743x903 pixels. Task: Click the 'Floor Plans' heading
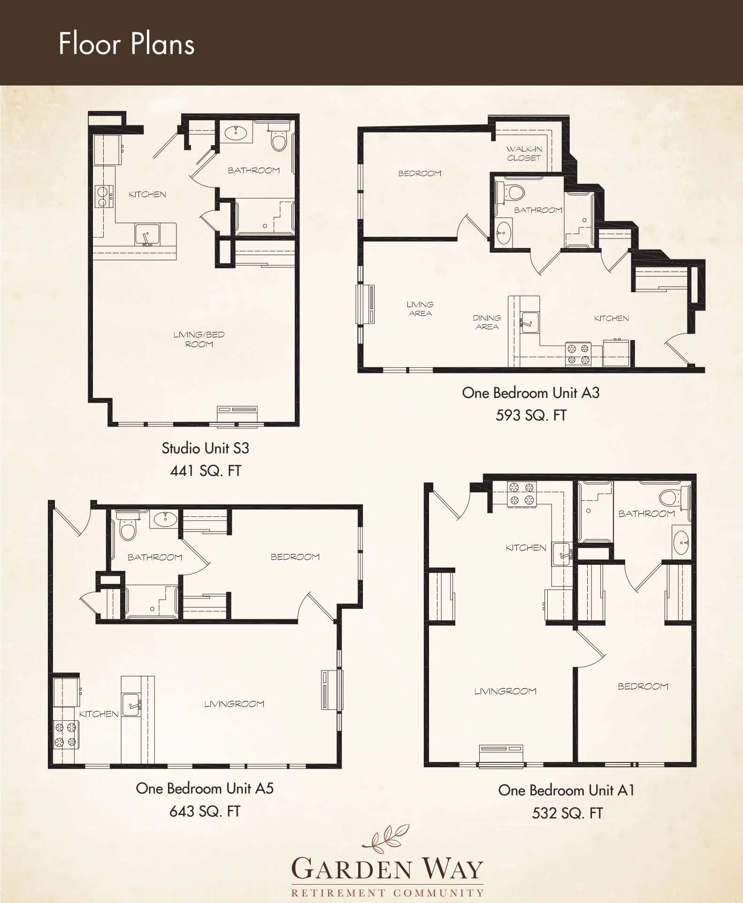tap(126, 44)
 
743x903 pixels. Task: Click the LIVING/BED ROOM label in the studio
tap(199, 339)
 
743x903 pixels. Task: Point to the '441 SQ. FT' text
tap(205, 470)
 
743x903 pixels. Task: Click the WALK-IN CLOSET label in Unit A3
tap(524, 154)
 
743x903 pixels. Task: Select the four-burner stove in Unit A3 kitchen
tap(578, 354)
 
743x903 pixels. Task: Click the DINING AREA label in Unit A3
tap(487, 322)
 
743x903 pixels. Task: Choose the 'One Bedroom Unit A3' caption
tap(531, 392)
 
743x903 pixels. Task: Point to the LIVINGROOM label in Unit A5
tap(234, 704)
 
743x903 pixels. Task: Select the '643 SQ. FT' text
tap(205, 811)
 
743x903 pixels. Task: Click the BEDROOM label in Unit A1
tap(643, 686)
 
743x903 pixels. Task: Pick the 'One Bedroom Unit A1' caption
tap(567, 790)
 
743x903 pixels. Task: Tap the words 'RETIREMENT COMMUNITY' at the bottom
tap(387, 892)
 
